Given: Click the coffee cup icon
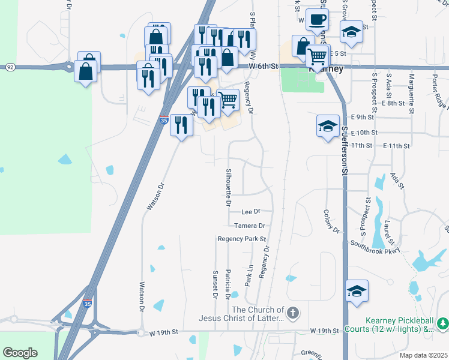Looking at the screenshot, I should [x=317, y=20].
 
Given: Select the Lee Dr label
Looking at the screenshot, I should [x=250, y=212].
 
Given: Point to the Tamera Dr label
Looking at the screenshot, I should [x=250, y=226].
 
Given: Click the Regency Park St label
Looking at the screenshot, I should [x=241, y=239].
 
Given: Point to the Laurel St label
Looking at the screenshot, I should [x=390, y=233].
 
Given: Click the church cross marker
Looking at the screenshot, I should [x=292, y=313].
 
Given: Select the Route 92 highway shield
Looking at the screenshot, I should [x=10, y=67].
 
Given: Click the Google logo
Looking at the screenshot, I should [x=20, y=353].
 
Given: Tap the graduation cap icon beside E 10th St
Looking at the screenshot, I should [x=328, y=127].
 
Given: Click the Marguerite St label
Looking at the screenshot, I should [x=411, y=92].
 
